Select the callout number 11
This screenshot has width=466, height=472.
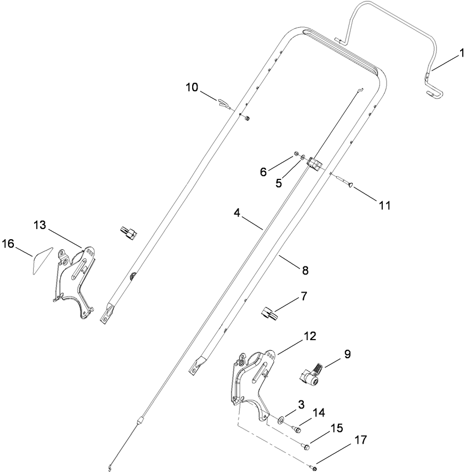coord(384,204)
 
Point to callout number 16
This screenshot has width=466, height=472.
coord(9,243)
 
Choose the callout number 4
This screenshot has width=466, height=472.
coord(236,213)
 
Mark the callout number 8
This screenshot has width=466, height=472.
coord(305,270)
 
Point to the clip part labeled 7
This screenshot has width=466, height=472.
coord(271,313)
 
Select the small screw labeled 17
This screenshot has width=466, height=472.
coord(314,467)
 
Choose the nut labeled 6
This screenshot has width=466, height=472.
coord(295,155)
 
